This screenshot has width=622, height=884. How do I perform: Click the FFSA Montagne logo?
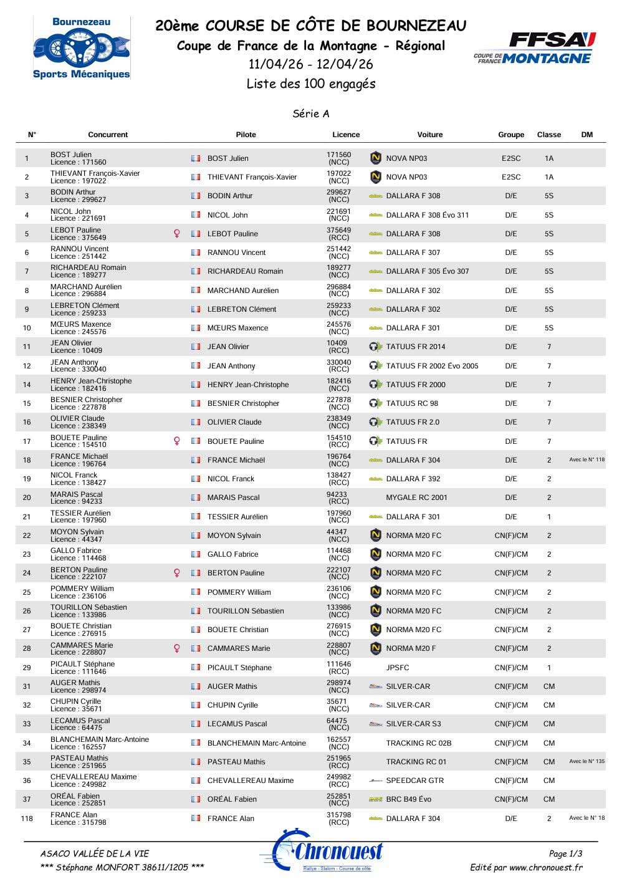click(534, 48)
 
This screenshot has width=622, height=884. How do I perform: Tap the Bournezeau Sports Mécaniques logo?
click(82, 48)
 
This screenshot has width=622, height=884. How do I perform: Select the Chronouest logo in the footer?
click(322, 852)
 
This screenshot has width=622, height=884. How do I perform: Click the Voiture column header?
click(430, 135)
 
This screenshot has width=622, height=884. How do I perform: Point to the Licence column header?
click(346, 135)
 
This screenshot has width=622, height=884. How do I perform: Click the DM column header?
click(586, 135)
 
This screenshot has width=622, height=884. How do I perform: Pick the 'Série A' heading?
click(311, 113)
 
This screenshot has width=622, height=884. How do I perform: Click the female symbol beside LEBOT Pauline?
click(177, 234)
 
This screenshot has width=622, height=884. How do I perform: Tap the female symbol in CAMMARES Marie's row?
click(177, 648)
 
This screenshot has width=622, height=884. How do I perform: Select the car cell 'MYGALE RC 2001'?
click(416, 497)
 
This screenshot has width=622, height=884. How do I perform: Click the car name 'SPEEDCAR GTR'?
click(414, 781)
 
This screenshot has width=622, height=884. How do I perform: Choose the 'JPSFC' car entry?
click(398, 668)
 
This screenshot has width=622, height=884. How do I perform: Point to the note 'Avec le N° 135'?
click(586, 761)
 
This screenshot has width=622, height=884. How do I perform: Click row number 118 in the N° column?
click(27, 819)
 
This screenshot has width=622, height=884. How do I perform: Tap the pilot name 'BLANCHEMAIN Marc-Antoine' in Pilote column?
click(256, 743)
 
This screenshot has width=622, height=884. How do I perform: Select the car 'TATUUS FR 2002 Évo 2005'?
click(432, 366)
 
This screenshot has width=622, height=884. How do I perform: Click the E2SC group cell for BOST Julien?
click(511, 158)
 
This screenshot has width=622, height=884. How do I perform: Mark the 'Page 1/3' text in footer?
click(565, 853)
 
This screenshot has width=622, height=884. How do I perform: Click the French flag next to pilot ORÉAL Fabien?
click(196, 799)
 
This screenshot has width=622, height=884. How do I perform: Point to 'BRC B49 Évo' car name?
click(408, 799)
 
